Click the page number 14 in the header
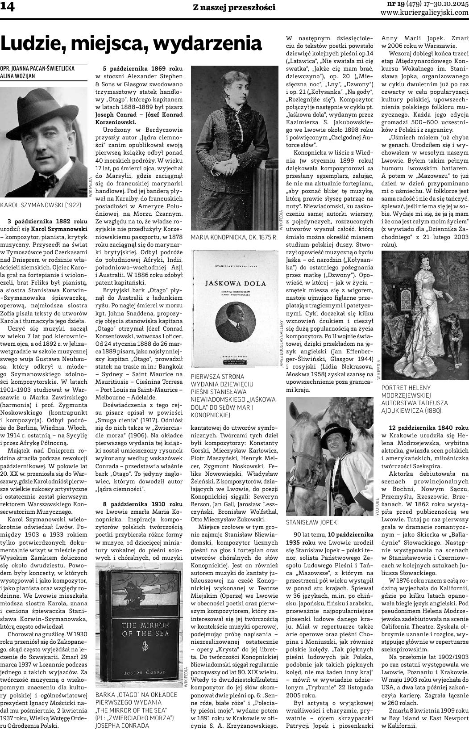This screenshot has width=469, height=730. [x=8, y=8]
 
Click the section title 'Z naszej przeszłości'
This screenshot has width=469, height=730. [x=234, y=8]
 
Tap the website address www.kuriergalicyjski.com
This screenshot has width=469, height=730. [x=424, y=13]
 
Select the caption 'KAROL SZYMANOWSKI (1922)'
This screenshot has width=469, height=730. [x=41, y=205]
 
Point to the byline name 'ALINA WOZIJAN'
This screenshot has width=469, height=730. [x=17, y=76]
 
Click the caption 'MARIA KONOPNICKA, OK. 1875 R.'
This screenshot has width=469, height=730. [x=234, y=238]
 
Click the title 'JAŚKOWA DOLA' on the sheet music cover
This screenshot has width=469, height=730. [x=235, y=283]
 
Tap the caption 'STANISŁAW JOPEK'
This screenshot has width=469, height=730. [x=311, y=522]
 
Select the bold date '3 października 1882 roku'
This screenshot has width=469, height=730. [x=47, y=221]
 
